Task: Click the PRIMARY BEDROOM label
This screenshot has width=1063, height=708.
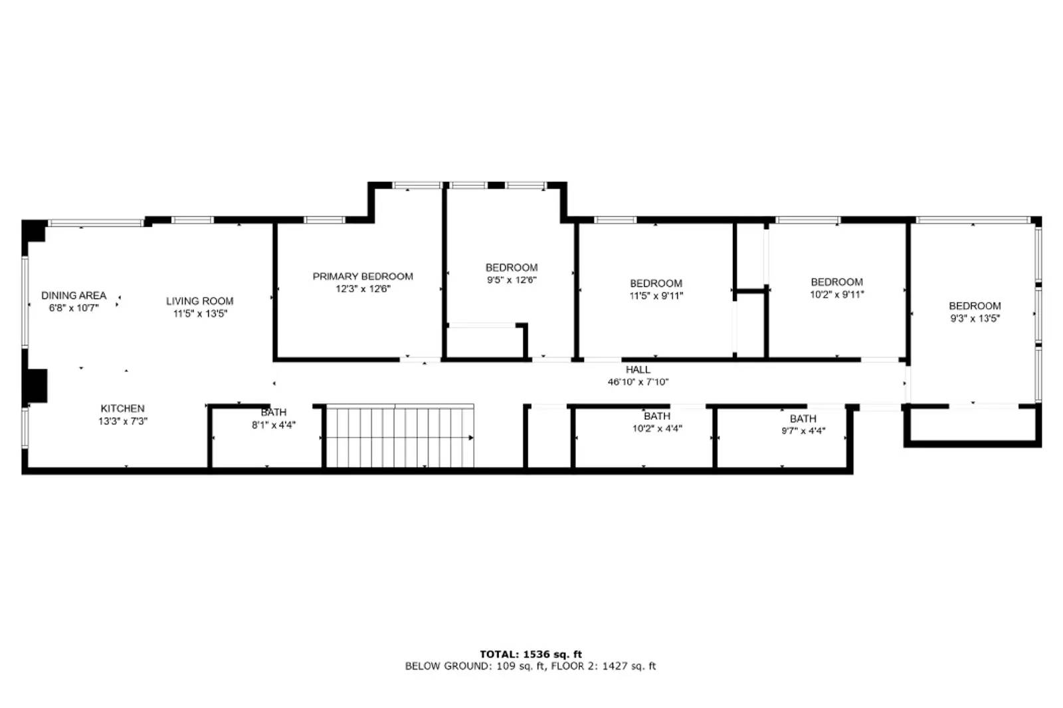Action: coord(363,276)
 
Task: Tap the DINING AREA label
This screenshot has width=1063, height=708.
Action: coord(74,296)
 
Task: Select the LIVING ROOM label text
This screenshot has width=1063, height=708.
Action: coord(199,302)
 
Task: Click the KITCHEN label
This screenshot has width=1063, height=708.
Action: coord(122,409)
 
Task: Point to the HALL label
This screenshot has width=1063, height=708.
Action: coord(638,370)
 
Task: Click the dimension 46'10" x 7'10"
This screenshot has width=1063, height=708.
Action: coord(638,382)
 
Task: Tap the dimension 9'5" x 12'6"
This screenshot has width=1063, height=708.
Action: coord(511,280)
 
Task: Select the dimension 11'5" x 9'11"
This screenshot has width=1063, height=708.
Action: coord(656,296)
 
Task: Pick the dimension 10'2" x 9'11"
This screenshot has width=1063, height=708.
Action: coord(836,294)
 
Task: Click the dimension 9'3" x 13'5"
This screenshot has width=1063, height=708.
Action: coord(975,319)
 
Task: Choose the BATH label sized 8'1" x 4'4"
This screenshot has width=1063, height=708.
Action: coord(273,412)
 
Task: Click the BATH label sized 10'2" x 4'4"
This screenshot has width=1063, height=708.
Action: coord(656,416)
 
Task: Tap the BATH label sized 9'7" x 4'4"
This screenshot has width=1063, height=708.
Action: coord(803,419)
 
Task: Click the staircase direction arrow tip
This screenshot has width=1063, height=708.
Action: coord(472,438)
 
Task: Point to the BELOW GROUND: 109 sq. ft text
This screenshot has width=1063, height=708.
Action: coord(474,666)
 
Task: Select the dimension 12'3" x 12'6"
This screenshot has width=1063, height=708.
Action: coord(363,289)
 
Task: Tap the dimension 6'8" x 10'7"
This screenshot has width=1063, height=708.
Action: coord(74,308)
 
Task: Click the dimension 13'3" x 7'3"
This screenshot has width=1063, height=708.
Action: coord(122,422)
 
